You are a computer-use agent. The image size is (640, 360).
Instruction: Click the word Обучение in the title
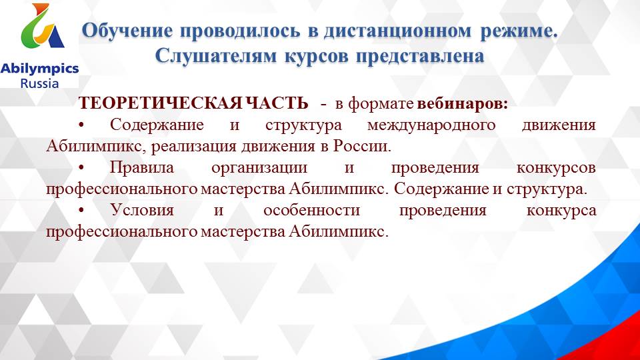click(x=124, y=31)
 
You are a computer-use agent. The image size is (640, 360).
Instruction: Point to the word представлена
click(x=419, y=57)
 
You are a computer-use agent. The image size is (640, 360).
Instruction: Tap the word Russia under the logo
click(x=40, y=83)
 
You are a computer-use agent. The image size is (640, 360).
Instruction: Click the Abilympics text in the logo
click(x=40, y=68)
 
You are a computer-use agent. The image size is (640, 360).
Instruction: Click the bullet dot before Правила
click(x=81, y=168)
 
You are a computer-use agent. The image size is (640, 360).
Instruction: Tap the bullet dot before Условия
click(x=81, y=211)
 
